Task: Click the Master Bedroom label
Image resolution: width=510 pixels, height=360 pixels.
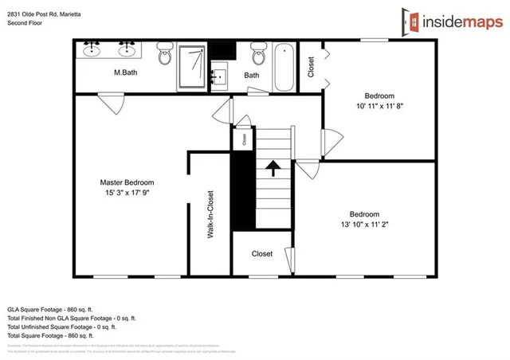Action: click(x=127, y=182)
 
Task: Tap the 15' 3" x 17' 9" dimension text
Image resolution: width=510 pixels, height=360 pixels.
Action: click(x=127, y=192)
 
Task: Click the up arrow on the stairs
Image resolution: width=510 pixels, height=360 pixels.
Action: click(x=273, y=167)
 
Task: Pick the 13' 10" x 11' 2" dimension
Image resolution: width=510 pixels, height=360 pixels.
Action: click(x=363, y=224)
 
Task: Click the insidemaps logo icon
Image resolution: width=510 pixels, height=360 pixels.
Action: click(x=412, y=22)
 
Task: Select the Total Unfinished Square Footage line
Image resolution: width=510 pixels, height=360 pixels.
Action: click(x=62, y=327)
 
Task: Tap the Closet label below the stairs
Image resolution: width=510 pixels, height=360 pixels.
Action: click(x=262, y=254)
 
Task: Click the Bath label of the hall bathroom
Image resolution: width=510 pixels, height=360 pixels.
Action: click(x=251, y=76)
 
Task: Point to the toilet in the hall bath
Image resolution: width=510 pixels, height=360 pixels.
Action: click(x=257, y=55)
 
